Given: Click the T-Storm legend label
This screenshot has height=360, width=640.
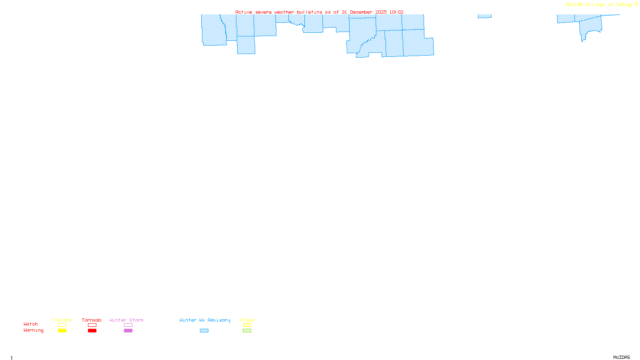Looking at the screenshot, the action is [x=62, y=320].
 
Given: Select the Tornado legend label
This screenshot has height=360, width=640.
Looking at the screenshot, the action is [x=92, y=320].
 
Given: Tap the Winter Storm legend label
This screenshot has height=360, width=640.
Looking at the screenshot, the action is [x=126, y=320].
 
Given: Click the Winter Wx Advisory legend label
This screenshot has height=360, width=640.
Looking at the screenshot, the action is [x=205, y=320].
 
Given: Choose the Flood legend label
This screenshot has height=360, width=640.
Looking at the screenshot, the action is [x=247, y=320].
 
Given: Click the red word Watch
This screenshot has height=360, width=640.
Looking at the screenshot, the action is [x=31, y=324].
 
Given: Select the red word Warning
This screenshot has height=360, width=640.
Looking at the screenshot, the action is [x=34, y=330].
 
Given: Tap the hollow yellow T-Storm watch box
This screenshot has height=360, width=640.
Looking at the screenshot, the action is [x=62, y=325].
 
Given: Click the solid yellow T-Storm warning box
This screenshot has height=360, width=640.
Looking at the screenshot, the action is [x=62, y=331].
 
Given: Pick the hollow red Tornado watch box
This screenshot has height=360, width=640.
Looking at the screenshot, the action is [x=92, y=325].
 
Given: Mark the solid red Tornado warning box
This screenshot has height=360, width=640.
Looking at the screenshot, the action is [x=92, y=331].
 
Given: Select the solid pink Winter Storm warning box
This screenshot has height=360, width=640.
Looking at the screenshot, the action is [x=128, y=331].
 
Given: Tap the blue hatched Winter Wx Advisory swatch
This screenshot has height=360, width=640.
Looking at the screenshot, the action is [x=204, y=331].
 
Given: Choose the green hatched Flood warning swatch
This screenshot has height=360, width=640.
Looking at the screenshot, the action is [x=247, y=331].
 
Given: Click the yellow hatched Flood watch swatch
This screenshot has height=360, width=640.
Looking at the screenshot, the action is [x=247, y=325].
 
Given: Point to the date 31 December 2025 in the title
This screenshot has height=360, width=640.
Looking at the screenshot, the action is [x=364, y=12].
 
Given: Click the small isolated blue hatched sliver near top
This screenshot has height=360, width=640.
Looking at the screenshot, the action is [x=484, y=16].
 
